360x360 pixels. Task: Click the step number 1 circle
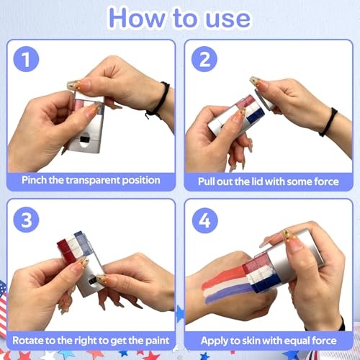pos(26,59)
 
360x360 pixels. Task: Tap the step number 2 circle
pos(204,59)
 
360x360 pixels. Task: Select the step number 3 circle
pos(26,220)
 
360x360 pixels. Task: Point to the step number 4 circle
pos(204,220)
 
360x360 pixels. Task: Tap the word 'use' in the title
pos(228,19)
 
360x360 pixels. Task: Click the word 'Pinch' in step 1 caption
pos(34,180)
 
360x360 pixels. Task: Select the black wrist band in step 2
pos(328,122)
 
